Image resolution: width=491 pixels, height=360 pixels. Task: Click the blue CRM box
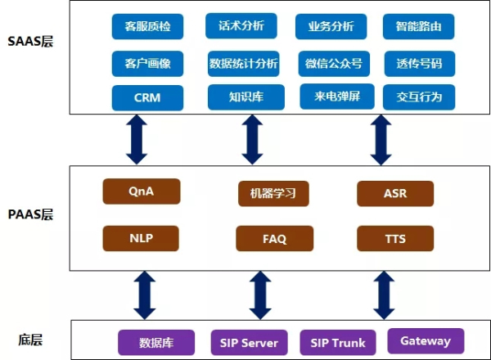147,97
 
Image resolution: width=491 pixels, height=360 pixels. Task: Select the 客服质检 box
147,26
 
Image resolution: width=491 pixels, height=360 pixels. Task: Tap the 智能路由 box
419,26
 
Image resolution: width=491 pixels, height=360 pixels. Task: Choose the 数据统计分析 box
243,64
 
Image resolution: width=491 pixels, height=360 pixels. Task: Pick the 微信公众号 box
334,64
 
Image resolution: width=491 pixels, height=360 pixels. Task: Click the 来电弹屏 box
337,97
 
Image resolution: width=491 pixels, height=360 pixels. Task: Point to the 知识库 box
246,97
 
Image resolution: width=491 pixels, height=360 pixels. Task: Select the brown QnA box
142,191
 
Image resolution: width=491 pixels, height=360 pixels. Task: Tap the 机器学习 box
273,193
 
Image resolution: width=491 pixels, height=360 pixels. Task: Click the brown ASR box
395,193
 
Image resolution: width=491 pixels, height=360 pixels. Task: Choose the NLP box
141,238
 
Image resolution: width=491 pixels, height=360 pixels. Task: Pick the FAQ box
275,239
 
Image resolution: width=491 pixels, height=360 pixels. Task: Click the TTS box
395,239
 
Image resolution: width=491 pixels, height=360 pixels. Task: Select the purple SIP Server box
249,343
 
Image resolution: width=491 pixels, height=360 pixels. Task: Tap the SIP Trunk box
338,343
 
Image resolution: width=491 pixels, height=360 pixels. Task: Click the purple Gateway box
426,341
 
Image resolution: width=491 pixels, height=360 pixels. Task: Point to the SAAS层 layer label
30,42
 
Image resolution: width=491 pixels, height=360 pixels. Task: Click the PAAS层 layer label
30,214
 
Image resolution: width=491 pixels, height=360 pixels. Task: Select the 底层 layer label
30,340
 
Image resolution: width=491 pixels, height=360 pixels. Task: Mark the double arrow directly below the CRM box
137,139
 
